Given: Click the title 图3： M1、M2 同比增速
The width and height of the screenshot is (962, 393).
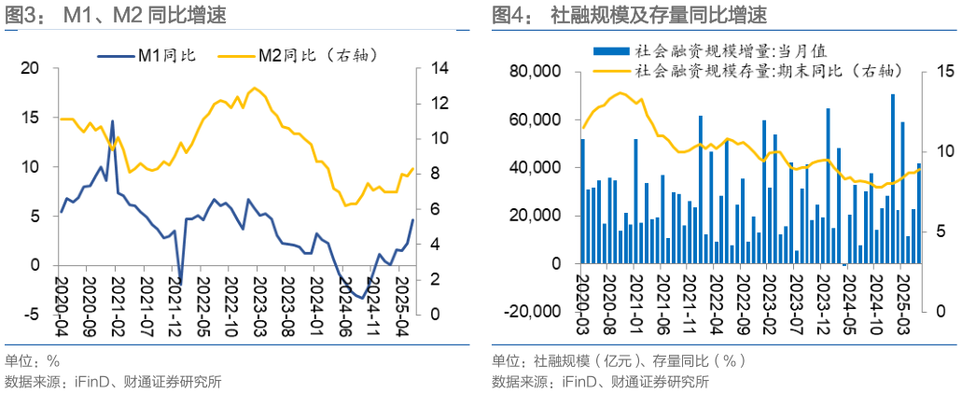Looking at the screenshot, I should (116, 15).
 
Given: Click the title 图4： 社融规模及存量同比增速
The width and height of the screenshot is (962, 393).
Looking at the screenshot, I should (629, 15).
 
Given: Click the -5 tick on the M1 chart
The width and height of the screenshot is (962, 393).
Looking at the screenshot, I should (31, 315).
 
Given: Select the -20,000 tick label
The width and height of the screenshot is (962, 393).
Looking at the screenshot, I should (531, 312).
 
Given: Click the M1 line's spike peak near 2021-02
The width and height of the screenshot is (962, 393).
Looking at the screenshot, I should (113, 121).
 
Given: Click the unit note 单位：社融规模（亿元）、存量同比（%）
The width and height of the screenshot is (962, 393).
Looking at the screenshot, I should (620, 361).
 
